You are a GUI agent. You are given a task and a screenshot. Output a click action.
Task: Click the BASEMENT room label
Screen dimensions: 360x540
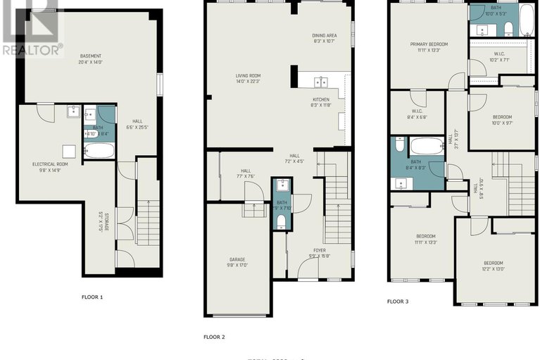90,56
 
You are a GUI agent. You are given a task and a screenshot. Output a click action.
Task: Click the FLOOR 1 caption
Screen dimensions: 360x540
92,297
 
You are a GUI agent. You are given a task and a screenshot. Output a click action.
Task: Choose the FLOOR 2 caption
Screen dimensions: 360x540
214,337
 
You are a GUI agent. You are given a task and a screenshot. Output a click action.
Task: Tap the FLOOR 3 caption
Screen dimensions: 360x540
397,302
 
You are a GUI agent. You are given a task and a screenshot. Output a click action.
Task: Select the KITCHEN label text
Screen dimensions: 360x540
321,100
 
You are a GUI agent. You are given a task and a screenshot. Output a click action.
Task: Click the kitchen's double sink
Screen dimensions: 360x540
320,80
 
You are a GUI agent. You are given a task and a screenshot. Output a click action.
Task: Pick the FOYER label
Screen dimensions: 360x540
320,249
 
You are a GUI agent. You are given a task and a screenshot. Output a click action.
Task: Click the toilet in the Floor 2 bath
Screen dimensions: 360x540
282,221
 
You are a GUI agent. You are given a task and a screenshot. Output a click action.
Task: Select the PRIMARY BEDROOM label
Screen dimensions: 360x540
429,44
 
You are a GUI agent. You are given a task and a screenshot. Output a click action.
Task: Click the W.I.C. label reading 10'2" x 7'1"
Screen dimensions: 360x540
499,54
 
